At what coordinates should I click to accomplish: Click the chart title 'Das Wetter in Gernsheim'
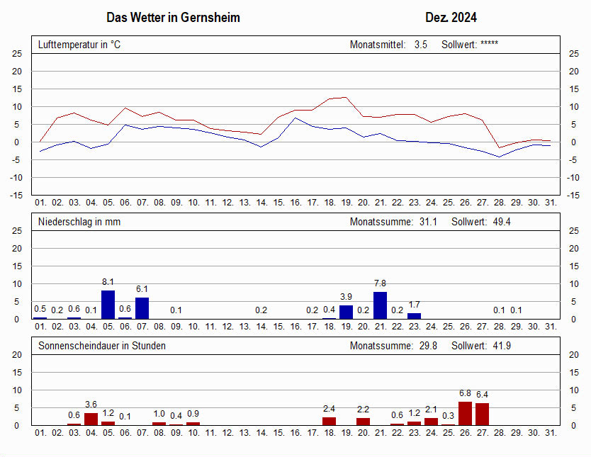pos(173,17)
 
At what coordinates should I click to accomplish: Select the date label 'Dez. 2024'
pos(451,17)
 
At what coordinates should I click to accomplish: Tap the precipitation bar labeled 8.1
pos(108,305)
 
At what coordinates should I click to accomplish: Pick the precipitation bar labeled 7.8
pos(381,305)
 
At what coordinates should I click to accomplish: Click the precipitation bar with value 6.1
pos(142,308)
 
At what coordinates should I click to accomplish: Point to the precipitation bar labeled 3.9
pos(346,312)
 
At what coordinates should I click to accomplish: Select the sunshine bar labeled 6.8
pos(465,413)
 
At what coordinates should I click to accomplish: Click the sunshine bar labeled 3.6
pos(91,419)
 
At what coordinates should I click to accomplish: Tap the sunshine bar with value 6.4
pos(482,414)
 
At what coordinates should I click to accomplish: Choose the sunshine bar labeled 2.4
pos(329,421)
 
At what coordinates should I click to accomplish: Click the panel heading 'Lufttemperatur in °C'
pos(79,45)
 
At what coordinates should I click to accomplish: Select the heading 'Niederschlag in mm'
pos(79,222)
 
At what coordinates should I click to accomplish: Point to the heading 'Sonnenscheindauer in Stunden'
pos(102,346)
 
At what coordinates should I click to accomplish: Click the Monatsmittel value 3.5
pos(421,45)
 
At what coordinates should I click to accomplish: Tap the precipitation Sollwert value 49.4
pos(502,222)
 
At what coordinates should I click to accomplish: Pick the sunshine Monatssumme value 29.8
pos(428,346)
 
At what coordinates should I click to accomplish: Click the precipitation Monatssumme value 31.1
pos(428,222)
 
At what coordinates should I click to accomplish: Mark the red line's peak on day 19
pos(346,97)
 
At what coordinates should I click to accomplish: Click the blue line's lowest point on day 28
pos(500,157)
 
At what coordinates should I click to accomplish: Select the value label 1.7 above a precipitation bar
pos(415,305)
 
